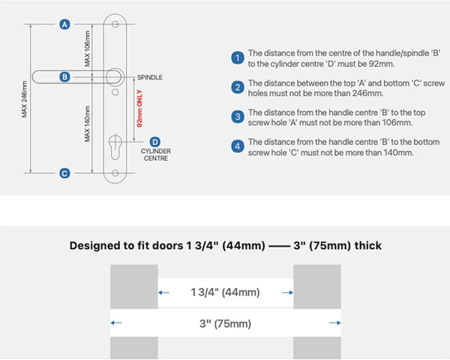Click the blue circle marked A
tap(64, 25)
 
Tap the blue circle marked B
tap(64, 77)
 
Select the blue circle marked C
tap(64, 173)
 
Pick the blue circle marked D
tap(155, 142)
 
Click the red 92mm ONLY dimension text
tap(139, 109)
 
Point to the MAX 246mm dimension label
tap(25, 99)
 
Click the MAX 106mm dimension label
tap(87, 49)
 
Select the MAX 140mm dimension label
tap(87, 124)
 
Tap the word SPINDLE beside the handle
tap(150, 77)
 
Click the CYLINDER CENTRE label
tap(156, 154)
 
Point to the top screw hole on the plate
tap(115, 24)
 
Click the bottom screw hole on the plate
tap(115, 173)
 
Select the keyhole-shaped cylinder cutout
tap(115, 147)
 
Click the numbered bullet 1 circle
tap(238, 58)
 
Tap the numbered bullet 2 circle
tap(238, 87)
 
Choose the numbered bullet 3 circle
tap(238, 117)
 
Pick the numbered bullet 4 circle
tap(238, 146)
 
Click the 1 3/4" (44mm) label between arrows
tap(225, 292)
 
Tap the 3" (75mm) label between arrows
tap(225, 323)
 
